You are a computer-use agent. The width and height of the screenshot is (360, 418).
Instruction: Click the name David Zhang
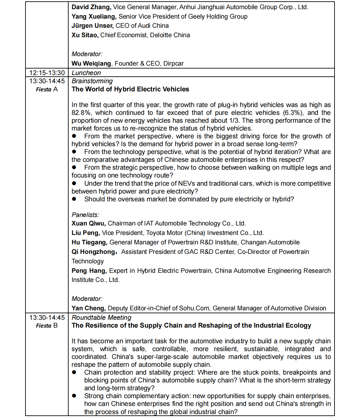(91, 7)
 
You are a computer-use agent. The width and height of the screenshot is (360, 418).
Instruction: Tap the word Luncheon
(86, 73)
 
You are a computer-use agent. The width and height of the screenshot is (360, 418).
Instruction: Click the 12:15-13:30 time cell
(47, 73)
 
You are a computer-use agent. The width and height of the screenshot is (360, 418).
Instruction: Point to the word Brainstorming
(92, 81)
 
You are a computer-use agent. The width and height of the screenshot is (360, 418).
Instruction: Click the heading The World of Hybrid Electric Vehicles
(130, 89)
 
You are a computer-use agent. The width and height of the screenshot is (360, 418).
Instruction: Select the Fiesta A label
(47, 89)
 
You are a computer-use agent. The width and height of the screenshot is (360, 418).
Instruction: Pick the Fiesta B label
(47, 326)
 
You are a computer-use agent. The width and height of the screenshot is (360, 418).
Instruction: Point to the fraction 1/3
(234, 121)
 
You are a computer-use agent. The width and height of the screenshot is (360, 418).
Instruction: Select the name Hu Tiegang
(89, 242)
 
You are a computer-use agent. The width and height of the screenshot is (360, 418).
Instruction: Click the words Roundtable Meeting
(102, 317)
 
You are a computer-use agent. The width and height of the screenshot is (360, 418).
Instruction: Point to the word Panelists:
(85, 215)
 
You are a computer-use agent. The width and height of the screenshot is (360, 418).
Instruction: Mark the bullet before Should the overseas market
(74, 199)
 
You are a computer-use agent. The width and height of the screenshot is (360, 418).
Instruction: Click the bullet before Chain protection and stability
(74, 372)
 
